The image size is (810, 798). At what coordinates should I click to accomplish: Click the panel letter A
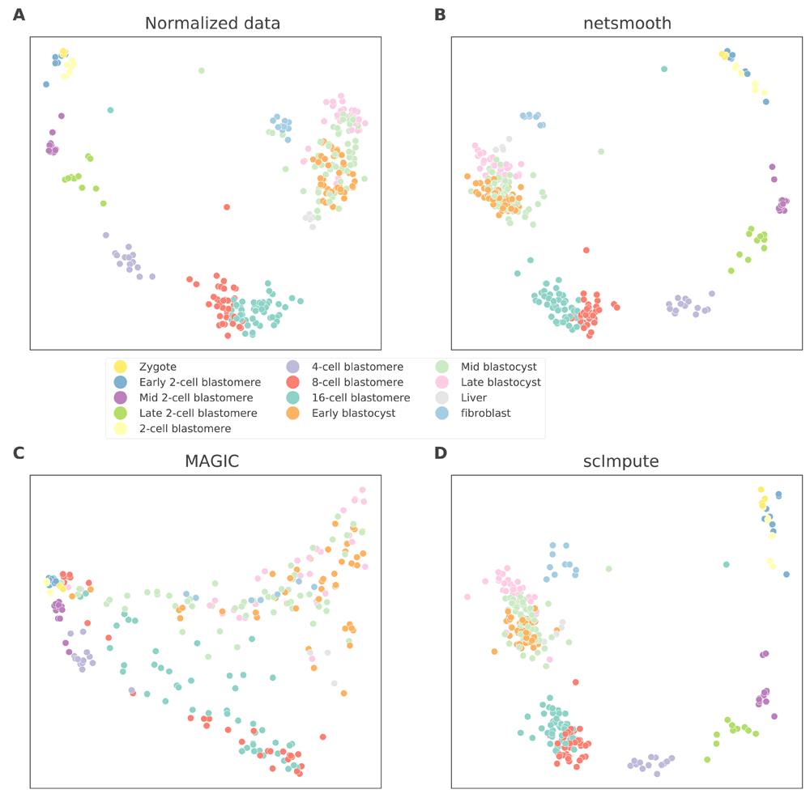click(x=18, y=15)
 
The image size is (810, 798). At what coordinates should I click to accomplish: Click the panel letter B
click(x=440, y=15)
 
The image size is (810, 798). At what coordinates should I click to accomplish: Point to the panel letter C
click(x=18, y=452)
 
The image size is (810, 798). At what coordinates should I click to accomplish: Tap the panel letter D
click(x=441, y=452)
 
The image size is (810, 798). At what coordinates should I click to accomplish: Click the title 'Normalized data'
click(x=212, y=23)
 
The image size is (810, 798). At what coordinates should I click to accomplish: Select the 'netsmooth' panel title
click(x=627, y=23)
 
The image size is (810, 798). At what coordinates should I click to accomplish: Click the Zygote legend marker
click(x=120, y=367)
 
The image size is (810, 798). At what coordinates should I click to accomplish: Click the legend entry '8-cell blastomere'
click(x=357, y=382)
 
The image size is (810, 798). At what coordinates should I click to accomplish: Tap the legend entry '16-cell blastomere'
click(x=360, y=397)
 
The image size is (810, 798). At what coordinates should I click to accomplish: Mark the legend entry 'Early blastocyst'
click(x=353, y=413)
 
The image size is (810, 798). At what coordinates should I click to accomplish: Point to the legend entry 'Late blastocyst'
click(x=500, y=382)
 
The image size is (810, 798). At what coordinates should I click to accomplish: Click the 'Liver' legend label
click(x=474, y=397)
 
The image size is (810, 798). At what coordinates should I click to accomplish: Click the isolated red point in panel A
click(x=227, y=207)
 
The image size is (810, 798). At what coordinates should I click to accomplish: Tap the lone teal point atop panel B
click(x=664, y=69)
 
